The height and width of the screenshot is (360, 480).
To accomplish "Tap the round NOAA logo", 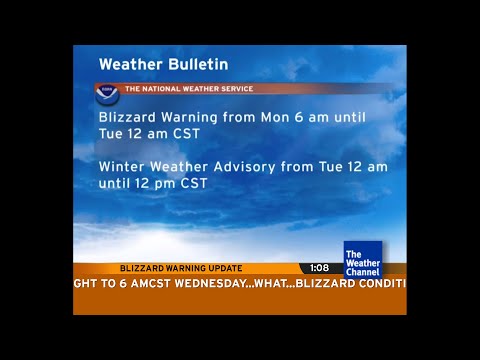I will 107,95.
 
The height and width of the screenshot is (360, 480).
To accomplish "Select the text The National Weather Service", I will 188,89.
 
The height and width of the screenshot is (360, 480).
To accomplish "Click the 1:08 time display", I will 319,268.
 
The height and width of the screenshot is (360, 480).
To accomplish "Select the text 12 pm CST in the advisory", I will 176,184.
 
